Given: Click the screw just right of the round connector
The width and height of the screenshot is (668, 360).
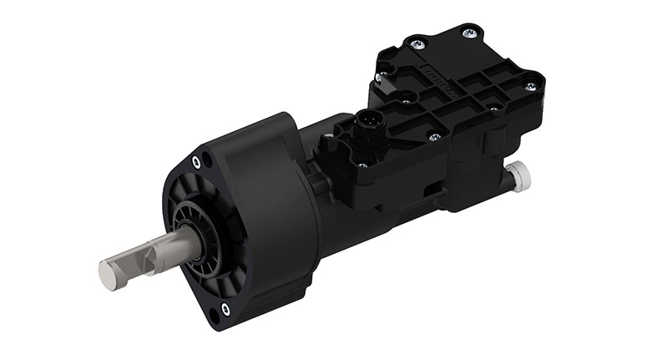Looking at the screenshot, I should click(433, 134).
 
